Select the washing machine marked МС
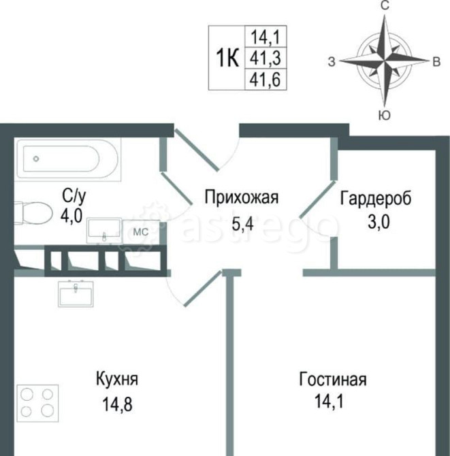pos(140,231)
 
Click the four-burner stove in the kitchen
pos(37,402)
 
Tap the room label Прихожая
pos(242,198)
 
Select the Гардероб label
pos(376,198)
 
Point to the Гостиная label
pos(332,379)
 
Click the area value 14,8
pos(114,402)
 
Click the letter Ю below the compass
pos(385,114)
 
